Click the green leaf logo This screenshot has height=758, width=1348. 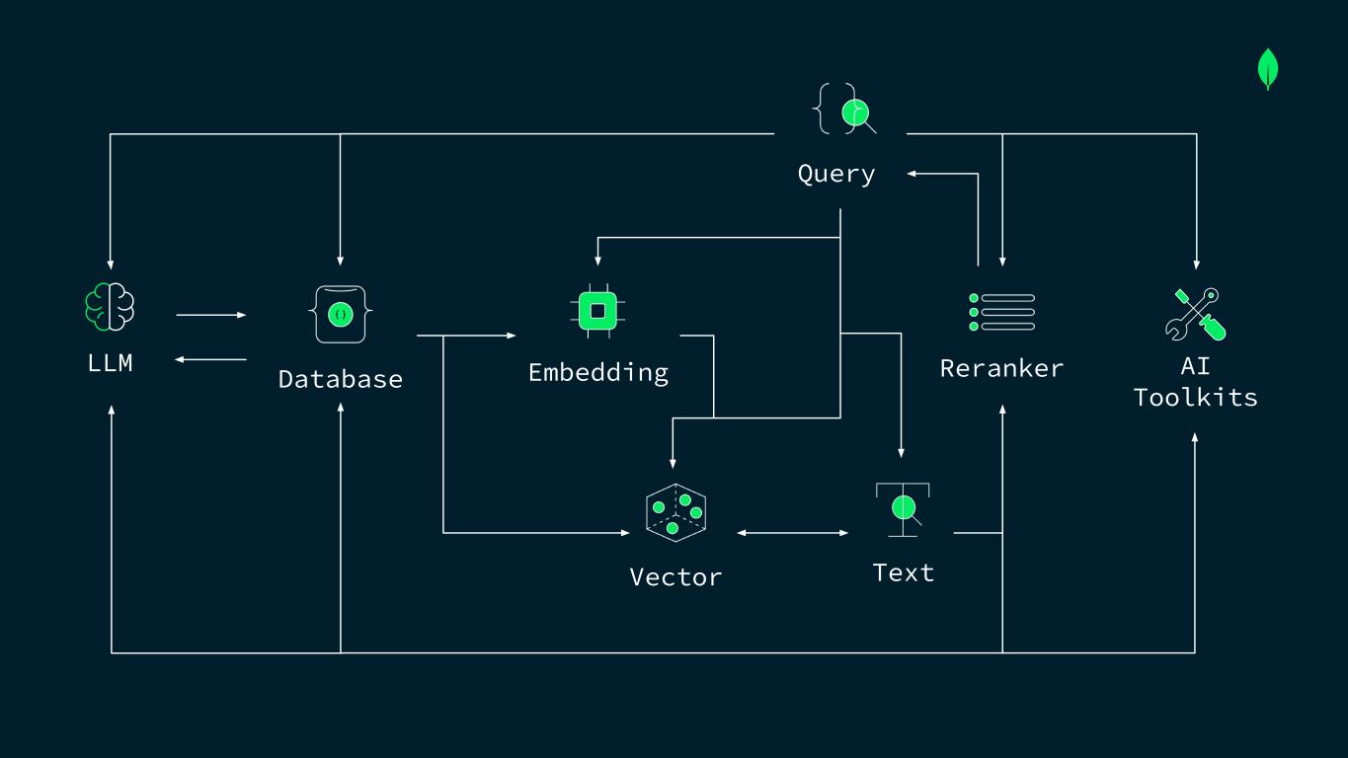[x=1268, y=70]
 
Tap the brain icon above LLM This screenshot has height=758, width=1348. [x=110, y=307]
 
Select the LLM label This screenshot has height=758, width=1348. [x=110, y=363]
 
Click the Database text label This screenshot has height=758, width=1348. [x=341, y=379]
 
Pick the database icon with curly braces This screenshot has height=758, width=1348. [x=341, y=314]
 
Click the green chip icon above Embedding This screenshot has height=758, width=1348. [x=597, y=311]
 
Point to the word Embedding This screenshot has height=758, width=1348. [x=598, y=372]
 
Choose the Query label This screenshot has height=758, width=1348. [x=836, y=174]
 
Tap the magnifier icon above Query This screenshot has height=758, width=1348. [x=845, y=110]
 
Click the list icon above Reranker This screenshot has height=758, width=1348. [x=1001, y=312]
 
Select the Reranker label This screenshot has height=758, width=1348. [x=1001, y=368]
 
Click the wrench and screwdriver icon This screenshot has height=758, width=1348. [x=1195, y=314]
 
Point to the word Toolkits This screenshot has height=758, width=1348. [x=1195, y=398]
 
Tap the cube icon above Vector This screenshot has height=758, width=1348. [x=675, y=513]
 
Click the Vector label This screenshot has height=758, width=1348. [x=675, y=576]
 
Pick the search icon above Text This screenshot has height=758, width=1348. [x=903, y=509]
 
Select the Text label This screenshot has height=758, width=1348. [x=903, y=572]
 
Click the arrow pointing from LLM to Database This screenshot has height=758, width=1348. [x=211, y=315]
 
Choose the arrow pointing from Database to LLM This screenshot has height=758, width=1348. [x=211, y=359]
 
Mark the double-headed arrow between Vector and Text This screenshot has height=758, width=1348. [x=792, y=533]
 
